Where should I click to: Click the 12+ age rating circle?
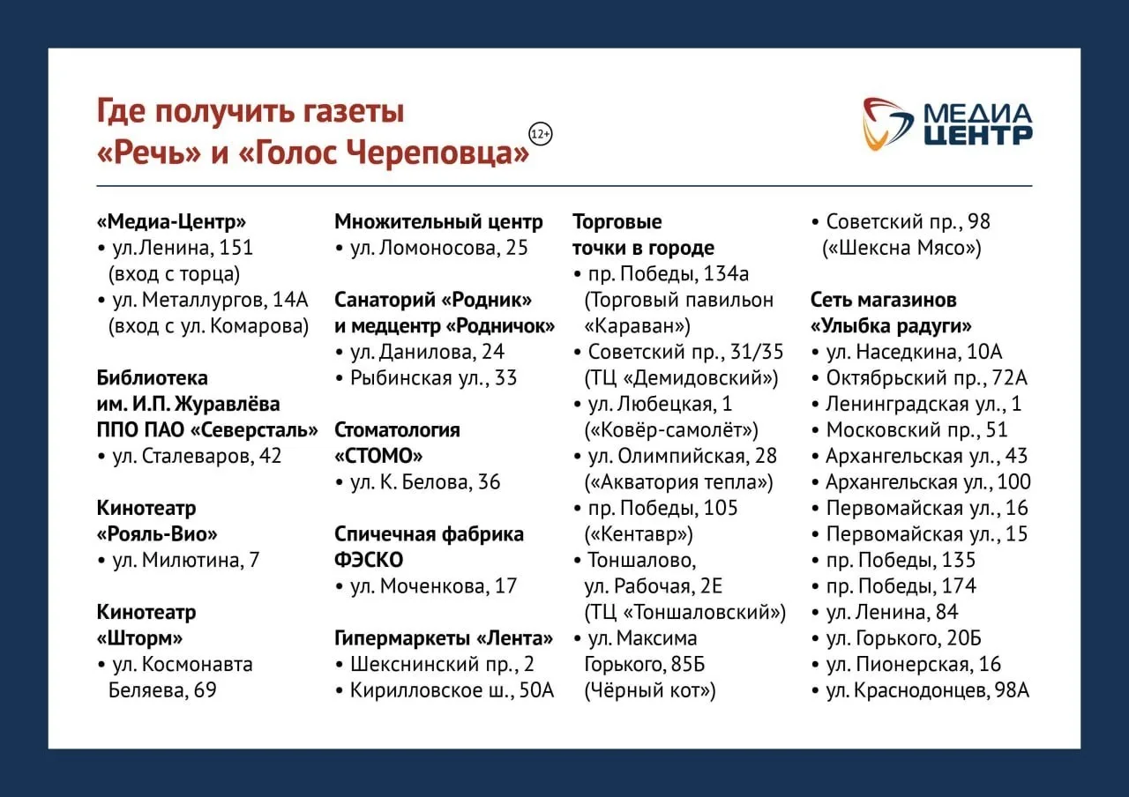tap(541, 134)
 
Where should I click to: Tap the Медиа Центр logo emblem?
tap(887, 124)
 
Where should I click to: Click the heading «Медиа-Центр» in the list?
tap(171, 221)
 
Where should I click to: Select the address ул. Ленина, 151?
tap(183, 248)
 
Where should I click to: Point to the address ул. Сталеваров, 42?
tap(197, 456)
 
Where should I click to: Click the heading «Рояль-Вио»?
tap(157, 534)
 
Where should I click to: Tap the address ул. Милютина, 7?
tap(185, 560)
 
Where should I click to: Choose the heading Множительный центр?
tap(438, 222)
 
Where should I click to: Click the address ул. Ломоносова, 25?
tap(439, 248)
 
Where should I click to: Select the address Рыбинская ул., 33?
tap(433, 378)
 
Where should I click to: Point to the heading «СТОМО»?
tap(378, 456)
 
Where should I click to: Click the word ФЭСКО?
tap(369, 560)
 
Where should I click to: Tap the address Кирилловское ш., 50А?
tap(452, 690)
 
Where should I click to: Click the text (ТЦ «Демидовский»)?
tap(682, 378)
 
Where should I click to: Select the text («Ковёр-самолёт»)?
tap(671, 430)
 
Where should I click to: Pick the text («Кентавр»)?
tap(639, 534)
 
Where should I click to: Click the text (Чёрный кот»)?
tap(650, 690)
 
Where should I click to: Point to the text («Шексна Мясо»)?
tap(901, 248)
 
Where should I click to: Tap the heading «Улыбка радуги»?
tap(891, 326)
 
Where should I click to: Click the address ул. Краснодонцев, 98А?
tap(927, 690)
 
